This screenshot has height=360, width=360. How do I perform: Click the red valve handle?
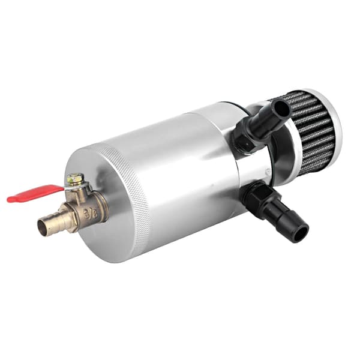pos(34,194)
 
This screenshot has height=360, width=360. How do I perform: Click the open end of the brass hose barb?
pos(44,228)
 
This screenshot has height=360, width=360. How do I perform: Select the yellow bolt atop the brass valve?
pos(75,179)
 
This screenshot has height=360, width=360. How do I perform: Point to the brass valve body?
pos(87,206)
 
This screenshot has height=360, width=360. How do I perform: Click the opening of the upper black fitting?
pos(282,109)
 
